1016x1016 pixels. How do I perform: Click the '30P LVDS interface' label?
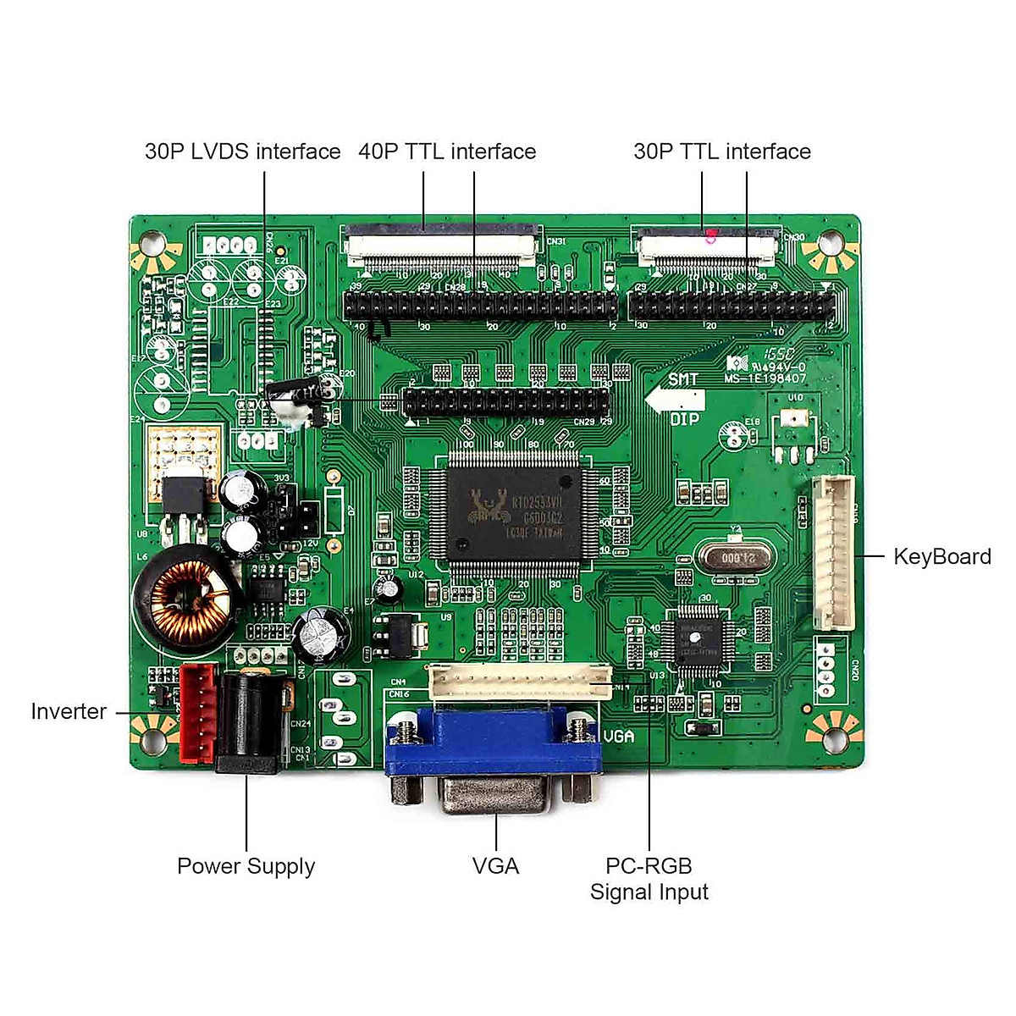point(242,152)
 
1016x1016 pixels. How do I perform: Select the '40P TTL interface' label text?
point(447,152)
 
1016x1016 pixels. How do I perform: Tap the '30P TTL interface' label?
point(721,152)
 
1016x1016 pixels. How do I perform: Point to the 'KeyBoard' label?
point(941,556)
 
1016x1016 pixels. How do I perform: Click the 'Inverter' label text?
point(69,711)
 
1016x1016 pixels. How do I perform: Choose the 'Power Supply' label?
point(246,866)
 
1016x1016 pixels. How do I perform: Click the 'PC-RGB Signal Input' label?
point(649,879)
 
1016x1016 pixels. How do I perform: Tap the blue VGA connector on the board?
point(494,745)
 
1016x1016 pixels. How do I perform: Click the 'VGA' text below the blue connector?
point(495,866)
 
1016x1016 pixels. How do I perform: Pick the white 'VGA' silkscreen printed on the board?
point(619,736)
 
